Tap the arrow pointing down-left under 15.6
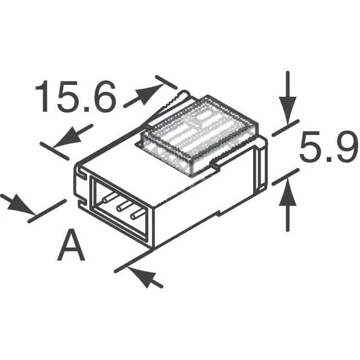coord(73,135)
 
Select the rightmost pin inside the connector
coord(137,214)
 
